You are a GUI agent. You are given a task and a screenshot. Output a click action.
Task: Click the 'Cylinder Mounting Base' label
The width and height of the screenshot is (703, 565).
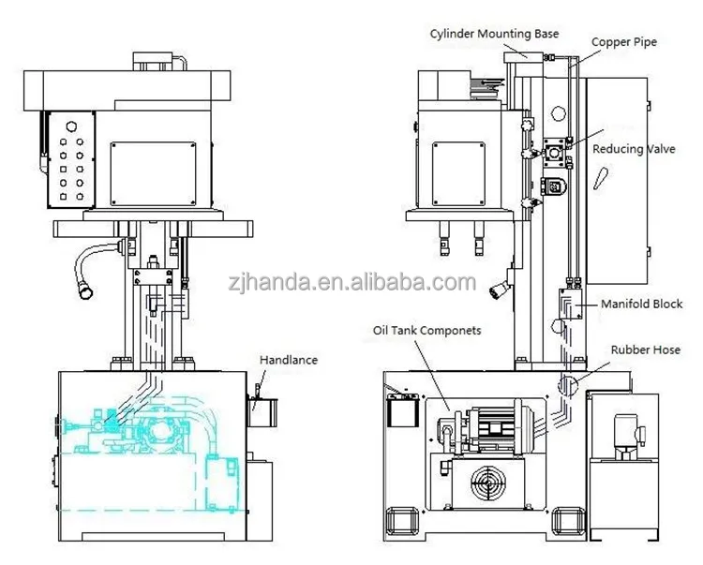click(x=494, y=34)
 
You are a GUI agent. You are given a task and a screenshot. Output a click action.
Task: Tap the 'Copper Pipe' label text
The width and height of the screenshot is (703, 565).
click(x=624, y=42)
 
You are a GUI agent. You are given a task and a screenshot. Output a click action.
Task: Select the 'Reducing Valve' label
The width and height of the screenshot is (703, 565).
click(x=634, y=149)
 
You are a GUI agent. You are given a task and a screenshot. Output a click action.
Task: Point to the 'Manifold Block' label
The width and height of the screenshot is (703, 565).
click(x=641, y=305)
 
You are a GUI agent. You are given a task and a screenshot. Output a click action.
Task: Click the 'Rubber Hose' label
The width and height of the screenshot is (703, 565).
click(x=646, y=349)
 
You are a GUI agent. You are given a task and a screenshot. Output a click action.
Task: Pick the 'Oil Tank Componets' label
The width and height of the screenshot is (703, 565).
click(x=426, y=331)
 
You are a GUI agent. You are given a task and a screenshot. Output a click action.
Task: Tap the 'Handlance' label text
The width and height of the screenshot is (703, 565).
click(x=289, y=360)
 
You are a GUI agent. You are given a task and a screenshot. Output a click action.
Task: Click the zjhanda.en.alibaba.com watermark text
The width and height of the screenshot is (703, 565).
click(x=351, y=282)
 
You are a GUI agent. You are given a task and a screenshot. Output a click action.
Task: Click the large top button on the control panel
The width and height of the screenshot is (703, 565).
click(x=71, y=126)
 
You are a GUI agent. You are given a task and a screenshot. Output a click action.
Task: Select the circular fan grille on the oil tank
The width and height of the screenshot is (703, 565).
click(x=488, y=483)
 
